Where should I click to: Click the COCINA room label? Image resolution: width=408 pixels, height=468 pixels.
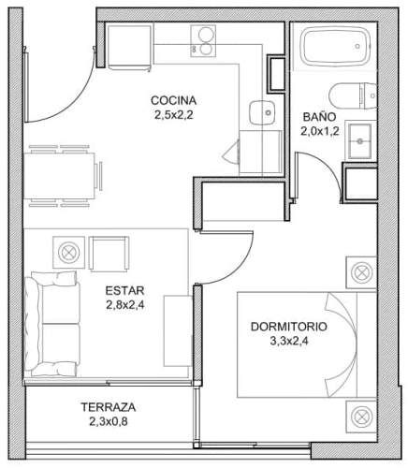click(x=173, y=100)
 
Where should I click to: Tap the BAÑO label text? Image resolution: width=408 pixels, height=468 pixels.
click(x=319, y=117)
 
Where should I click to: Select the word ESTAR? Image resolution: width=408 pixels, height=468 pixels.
click(x=124, y=290)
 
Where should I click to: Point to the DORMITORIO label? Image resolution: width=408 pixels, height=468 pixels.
click(x=289, y=327)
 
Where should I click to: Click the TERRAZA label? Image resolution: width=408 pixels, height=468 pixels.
click(x=109, y=407)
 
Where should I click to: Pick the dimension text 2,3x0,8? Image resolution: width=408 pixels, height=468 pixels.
click(x=109, y=422)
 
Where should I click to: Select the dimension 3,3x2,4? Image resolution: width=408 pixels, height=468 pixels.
click(x=289, y=341)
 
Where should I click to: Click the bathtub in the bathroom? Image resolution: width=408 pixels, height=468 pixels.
click(x=335, y=46)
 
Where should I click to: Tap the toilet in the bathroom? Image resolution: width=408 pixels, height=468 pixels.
click(x=353, y=95)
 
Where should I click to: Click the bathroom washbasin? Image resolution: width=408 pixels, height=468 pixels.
click(x=360, y=141)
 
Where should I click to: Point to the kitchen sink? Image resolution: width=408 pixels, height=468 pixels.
click(x=262, y=112)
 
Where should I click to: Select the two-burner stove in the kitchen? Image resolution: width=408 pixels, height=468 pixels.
click(x=203, y=41)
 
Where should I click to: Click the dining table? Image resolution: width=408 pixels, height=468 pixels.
click(x=59, y=176)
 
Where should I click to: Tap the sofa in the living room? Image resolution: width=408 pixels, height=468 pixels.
click(x=52, y=324)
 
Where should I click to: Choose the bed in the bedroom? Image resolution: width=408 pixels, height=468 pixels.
click(x=307, y=344)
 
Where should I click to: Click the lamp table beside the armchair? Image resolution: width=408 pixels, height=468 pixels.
click(x=68, y=253)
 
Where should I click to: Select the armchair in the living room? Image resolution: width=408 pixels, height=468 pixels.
click(x=109, y=254)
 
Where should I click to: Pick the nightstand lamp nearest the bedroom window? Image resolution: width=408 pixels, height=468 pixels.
click(x=361, y=417)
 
